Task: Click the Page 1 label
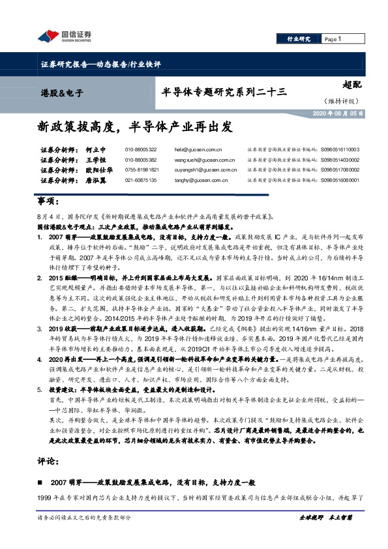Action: [x=333, y=39]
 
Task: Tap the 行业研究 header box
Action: [x=299, y=39]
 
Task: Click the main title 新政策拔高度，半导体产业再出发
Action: [x=134, y=125]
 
